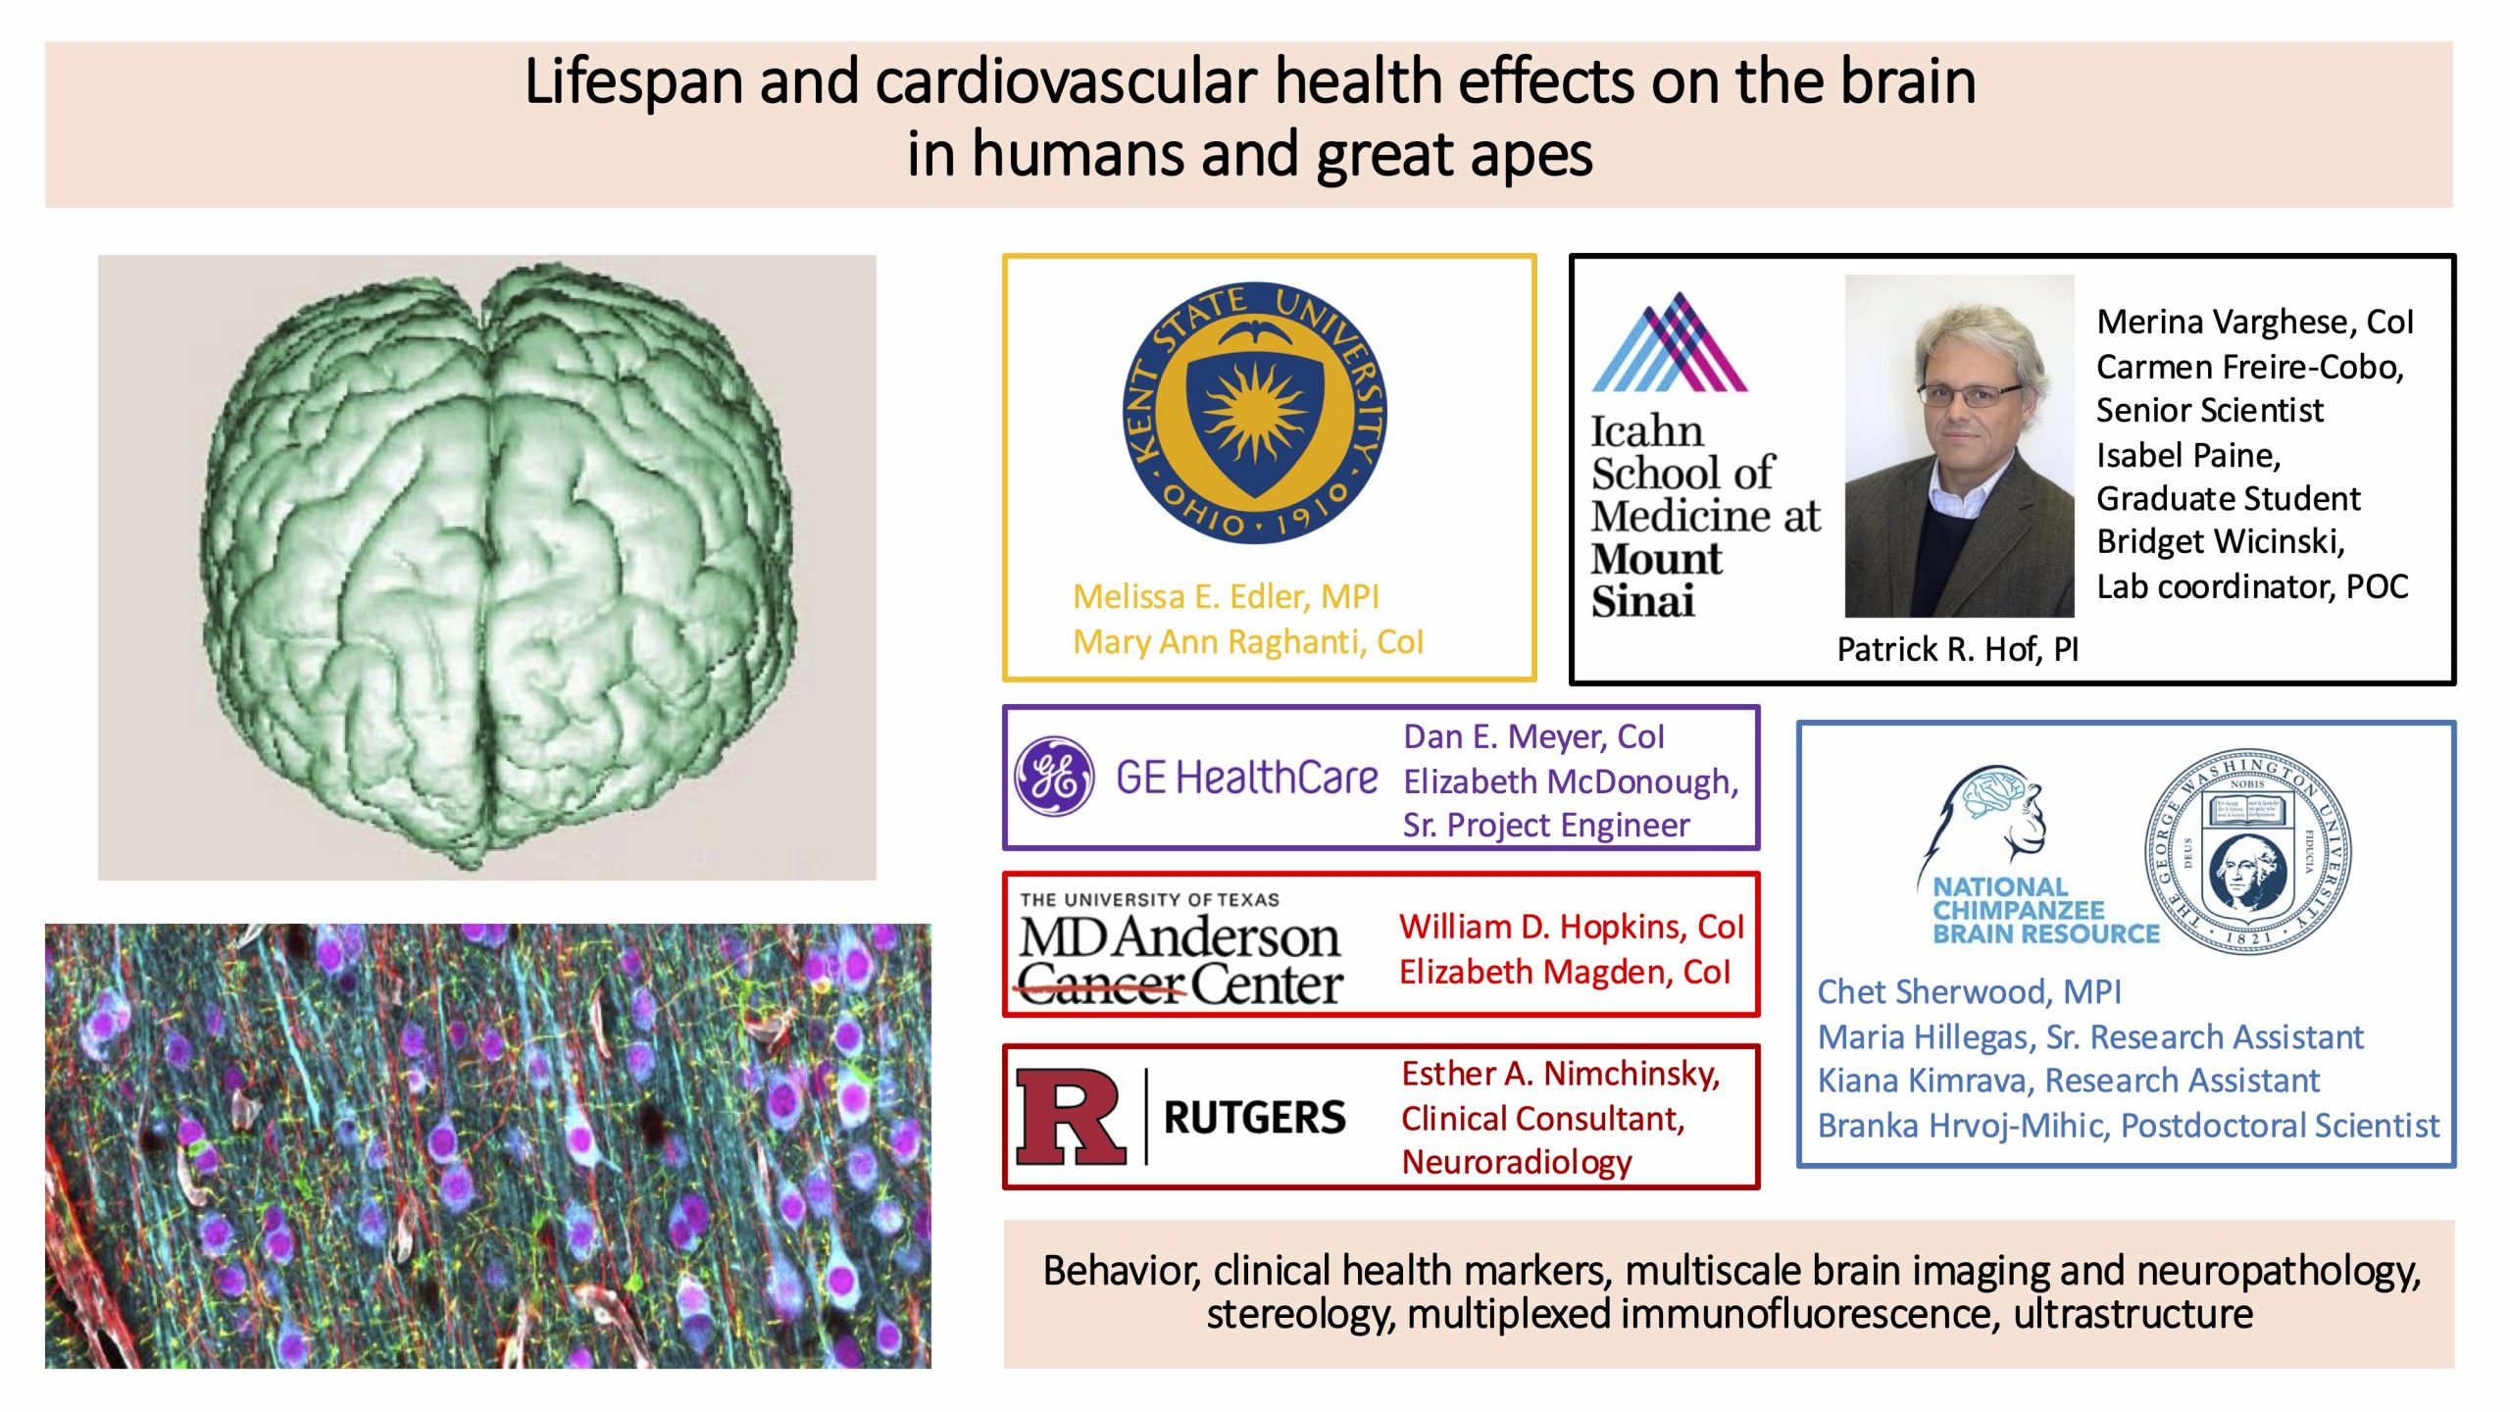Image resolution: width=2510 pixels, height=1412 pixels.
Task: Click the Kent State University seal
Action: pyautogui.click(x=1254, y=413)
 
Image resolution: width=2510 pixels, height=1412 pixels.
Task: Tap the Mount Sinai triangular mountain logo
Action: pyautogui.click(x=1669, y=342)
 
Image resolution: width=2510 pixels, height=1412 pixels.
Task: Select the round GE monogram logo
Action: pyautogui.click(x=1054, y=777)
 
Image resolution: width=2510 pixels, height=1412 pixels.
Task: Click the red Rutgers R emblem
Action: pyautogui.click(x=1070, y=1117)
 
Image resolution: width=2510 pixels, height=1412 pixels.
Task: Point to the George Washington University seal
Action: pyautogui.click(x=2246, y=850)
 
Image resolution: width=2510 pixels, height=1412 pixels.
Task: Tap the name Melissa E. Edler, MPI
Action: pyautogui.click(x=1226, y=596)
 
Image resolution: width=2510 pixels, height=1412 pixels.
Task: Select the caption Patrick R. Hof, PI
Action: pyautogui.click(x=1957, y=649)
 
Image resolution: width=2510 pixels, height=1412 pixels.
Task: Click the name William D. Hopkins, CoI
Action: pyautogui.click(x=1571, y=927)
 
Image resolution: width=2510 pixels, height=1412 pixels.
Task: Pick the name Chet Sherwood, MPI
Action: pyautogui.click(x=1969, y=991)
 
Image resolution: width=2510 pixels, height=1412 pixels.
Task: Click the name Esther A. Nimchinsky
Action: pyautogui.click(x=1561, y=1074)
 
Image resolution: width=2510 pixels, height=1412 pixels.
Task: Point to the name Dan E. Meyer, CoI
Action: pyautogui.click(x=1533, y=736)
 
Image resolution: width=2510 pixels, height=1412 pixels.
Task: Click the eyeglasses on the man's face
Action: pyautogui.click(x=1970, y=395)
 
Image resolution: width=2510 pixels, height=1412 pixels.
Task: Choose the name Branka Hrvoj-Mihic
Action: pyautogui.click(x=1962, y=1126)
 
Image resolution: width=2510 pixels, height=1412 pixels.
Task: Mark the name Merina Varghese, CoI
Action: pyautogui.click(x=2254, y=322)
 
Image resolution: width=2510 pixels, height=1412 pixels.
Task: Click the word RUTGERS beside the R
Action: pyautogui.click(x=1254, y=1118)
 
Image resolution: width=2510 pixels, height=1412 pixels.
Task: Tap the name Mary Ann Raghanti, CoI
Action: pyautogui.click(x=1247, y=641)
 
